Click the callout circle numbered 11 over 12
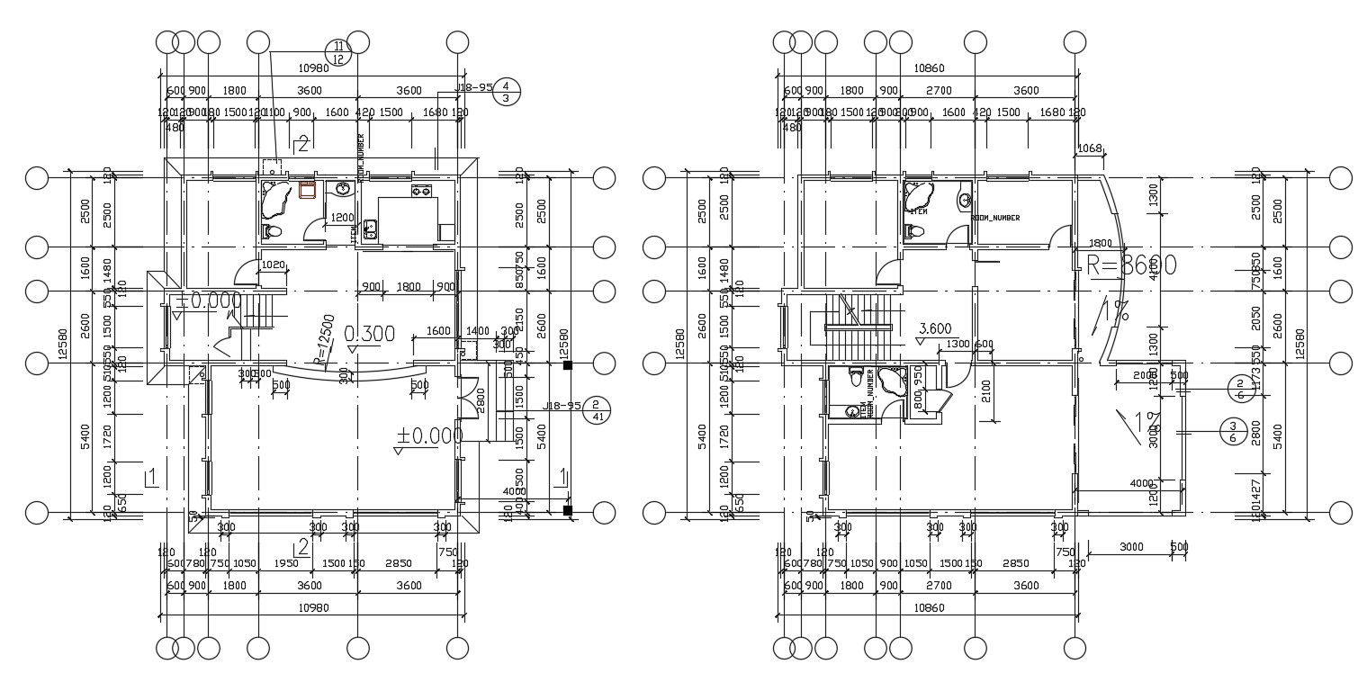click(x=338, y=52)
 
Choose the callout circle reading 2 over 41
click(x=597, y=409)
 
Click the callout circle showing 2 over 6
click(x=1239, y=389)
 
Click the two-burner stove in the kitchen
click(x=420, y=191)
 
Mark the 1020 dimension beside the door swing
click(x=273, y=265)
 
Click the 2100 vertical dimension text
click(x=986, y=390)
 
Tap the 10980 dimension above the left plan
click(x=312, y=68)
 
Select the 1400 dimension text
click(x=477, y=331)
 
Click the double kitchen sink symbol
click(x=370, y=230)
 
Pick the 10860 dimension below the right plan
click(x=928, y=607)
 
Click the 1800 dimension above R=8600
click(x=1100, y=243)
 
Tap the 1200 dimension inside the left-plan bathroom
click(x=341, y=218)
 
